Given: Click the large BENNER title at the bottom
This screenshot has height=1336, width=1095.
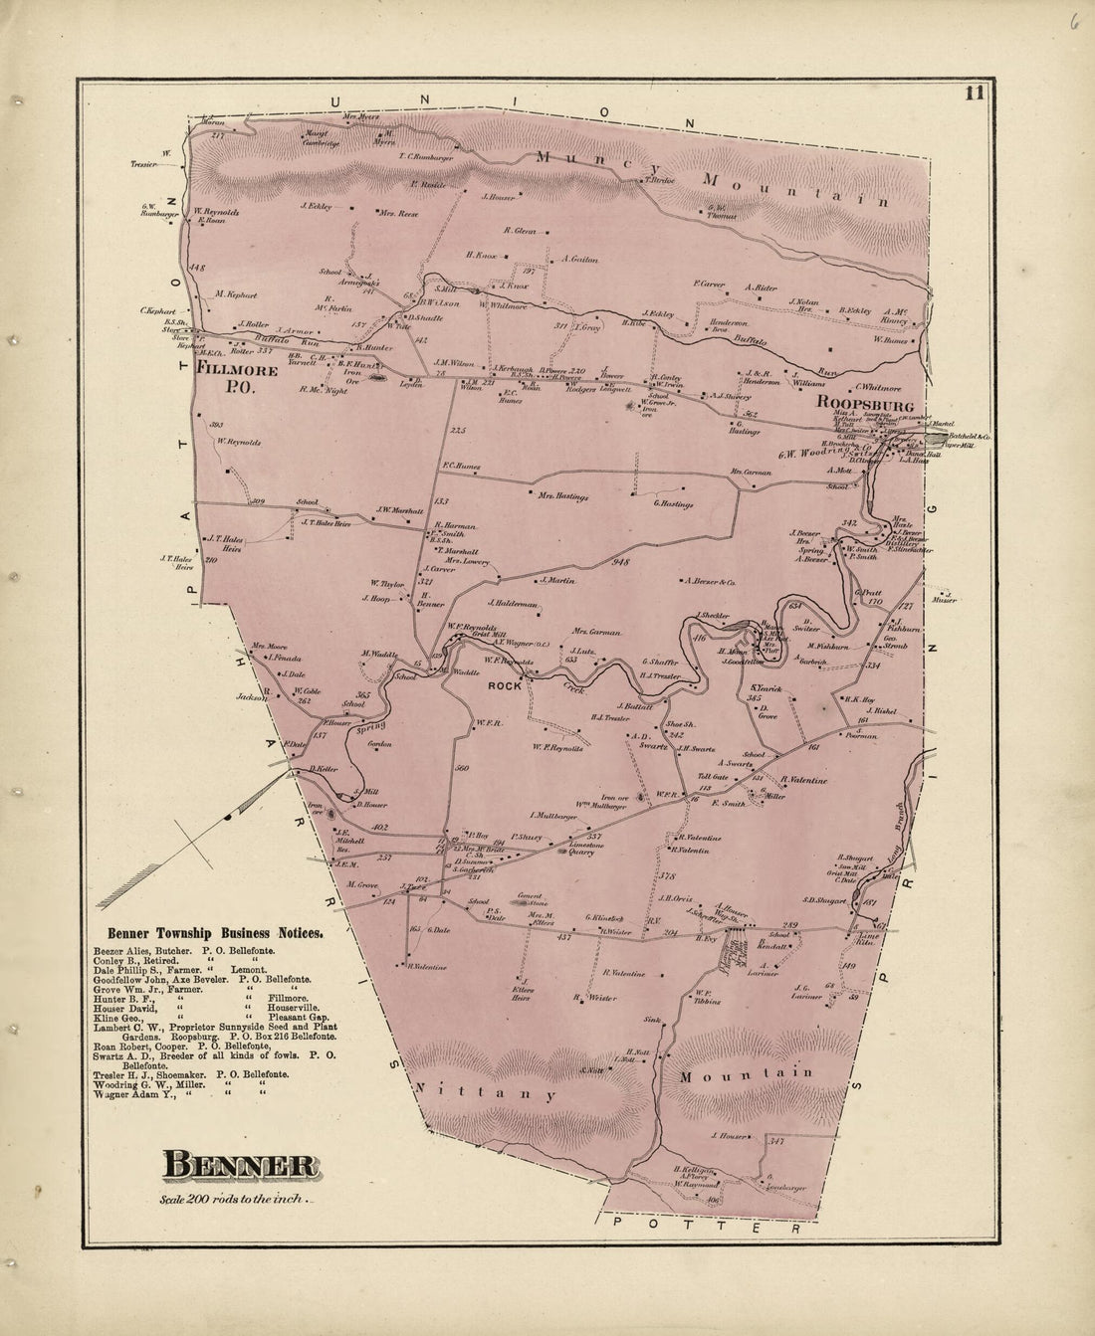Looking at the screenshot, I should pos(240,1164).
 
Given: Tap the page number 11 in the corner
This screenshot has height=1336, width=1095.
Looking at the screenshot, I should pos(973,95).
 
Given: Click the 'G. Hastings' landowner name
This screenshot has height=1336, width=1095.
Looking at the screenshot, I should pos(673,504).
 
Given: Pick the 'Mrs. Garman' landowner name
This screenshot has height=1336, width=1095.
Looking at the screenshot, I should pos(596,632).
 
